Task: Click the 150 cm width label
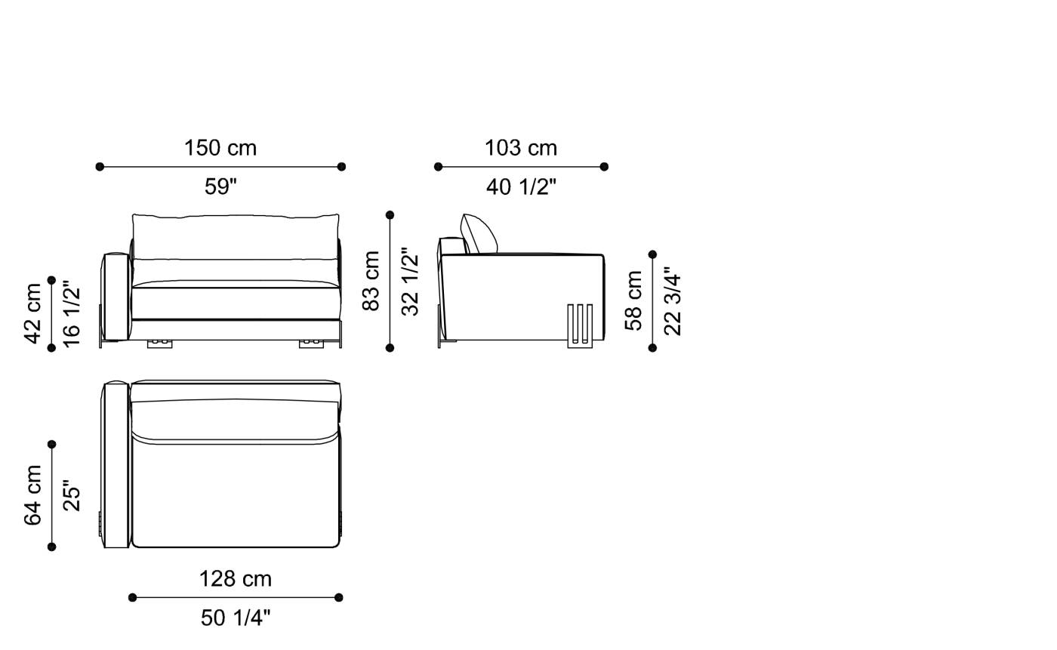(220, 148)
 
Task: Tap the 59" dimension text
(220, 186)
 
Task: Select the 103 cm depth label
(521, 148)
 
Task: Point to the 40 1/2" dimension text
(521, 186)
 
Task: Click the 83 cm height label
(371, 281)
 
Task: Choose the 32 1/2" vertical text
(409, 281)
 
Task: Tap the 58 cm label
(634, 300)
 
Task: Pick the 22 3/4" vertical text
(672, 300)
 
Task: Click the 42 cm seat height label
(33, 313)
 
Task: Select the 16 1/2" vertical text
(71, 313)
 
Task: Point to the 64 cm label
(33, 495)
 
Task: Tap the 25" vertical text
(71, 495)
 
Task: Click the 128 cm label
(235, 579)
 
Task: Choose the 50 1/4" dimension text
(235, 618)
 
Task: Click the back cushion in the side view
(479, 234)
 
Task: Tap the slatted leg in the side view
(580, 325)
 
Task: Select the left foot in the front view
(159, 343)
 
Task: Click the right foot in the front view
(311, 343)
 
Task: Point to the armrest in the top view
(116, 464)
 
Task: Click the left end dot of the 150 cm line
(100, 167)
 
